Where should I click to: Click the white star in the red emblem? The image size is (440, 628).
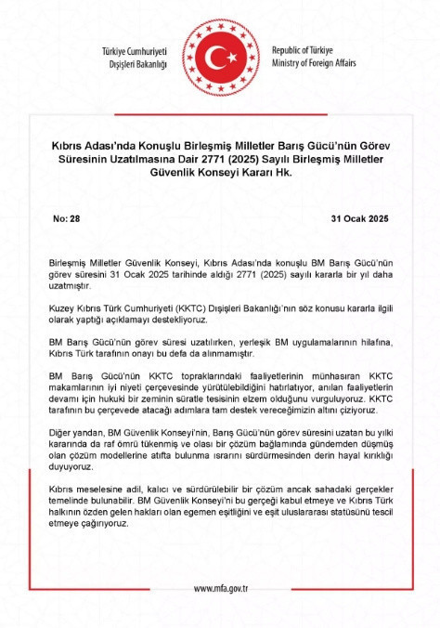(x=226, y=57)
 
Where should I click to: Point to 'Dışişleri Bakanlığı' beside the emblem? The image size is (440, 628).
(x=136, y=63)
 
